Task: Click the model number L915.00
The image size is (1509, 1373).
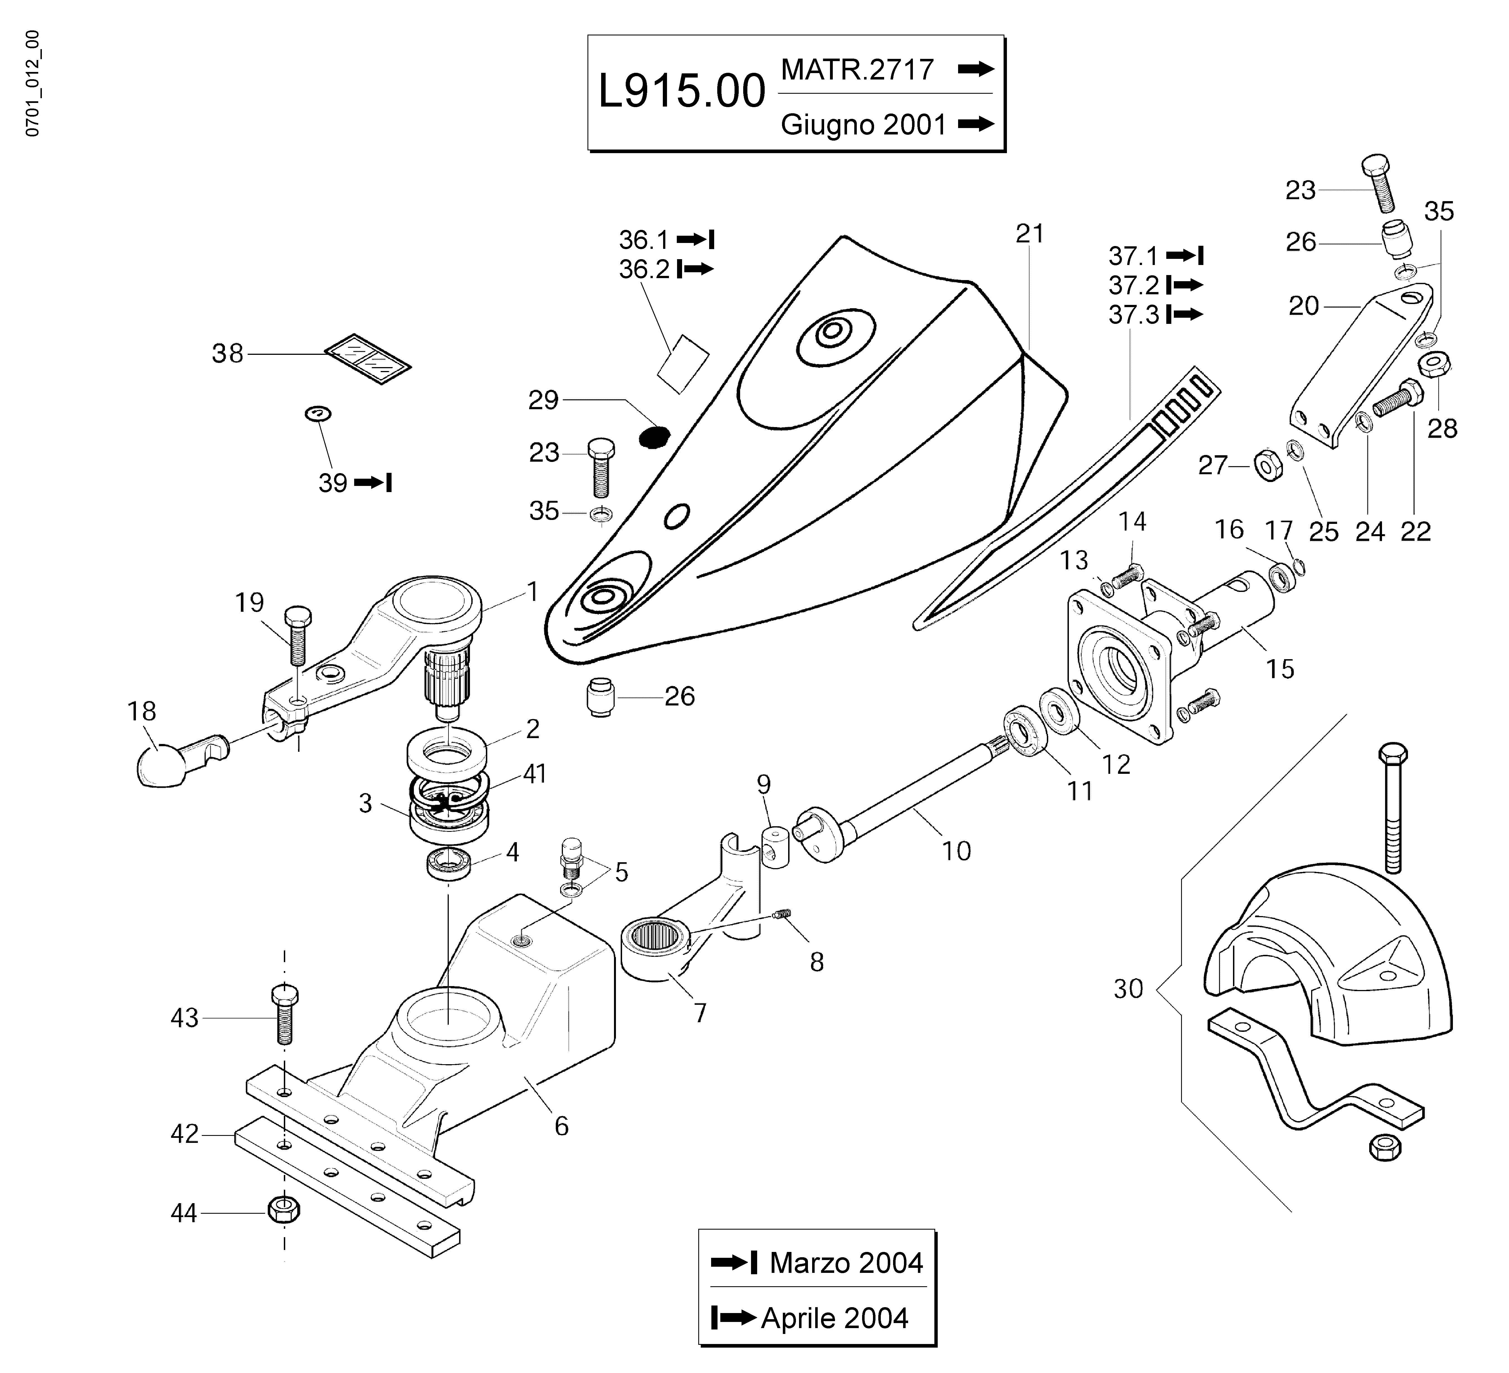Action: (x=681, y=92)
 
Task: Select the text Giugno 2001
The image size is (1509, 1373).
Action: (x=864, y=124)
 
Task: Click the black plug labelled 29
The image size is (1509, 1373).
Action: (x=653, y=436)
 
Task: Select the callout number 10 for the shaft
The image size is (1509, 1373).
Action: (x=956, y=851)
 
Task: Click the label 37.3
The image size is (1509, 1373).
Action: (x=1133, y=315)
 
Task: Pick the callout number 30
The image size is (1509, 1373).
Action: (x=1128, y=989)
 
